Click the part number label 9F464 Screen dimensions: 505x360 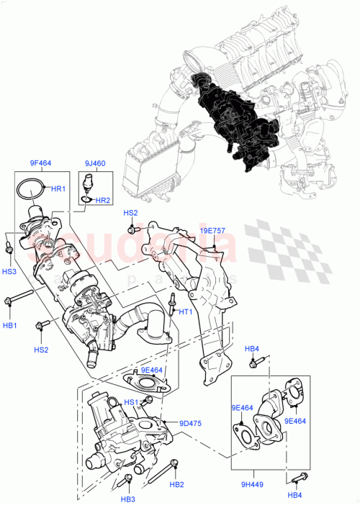pos(40,163)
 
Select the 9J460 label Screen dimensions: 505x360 pos(94,163)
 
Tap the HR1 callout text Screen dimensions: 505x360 pos(58,188)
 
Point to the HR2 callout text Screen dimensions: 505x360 pos(103,200)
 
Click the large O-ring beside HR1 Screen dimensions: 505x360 pos(30,190)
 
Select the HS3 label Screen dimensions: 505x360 pos(9,271)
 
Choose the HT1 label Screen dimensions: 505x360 pos(185,311)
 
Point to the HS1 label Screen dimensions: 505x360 pos(130,402)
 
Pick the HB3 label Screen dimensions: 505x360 pos(128,499)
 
